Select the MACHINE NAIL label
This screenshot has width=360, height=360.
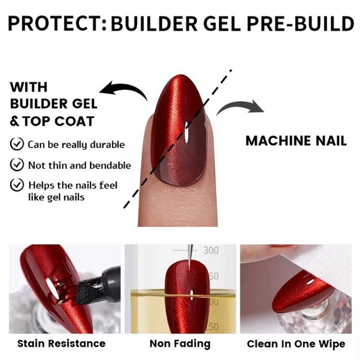click(296, 141)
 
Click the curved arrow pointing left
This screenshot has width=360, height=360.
click(123, 91)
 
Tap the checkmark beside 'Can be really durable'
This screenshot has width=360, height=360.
click(16, 144)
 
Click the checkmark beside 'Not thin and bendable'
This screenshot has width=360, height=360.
click(16, 164)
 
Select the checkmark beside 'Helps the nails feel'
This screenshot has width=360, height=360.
click(16, 184)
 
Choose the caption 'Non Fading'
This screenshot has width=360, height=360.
click(180, 344)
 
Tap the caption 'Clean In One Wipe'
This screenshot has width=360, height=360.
click(296, 344)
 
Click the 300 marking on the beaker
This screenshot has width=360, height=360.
click(211, 251)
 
